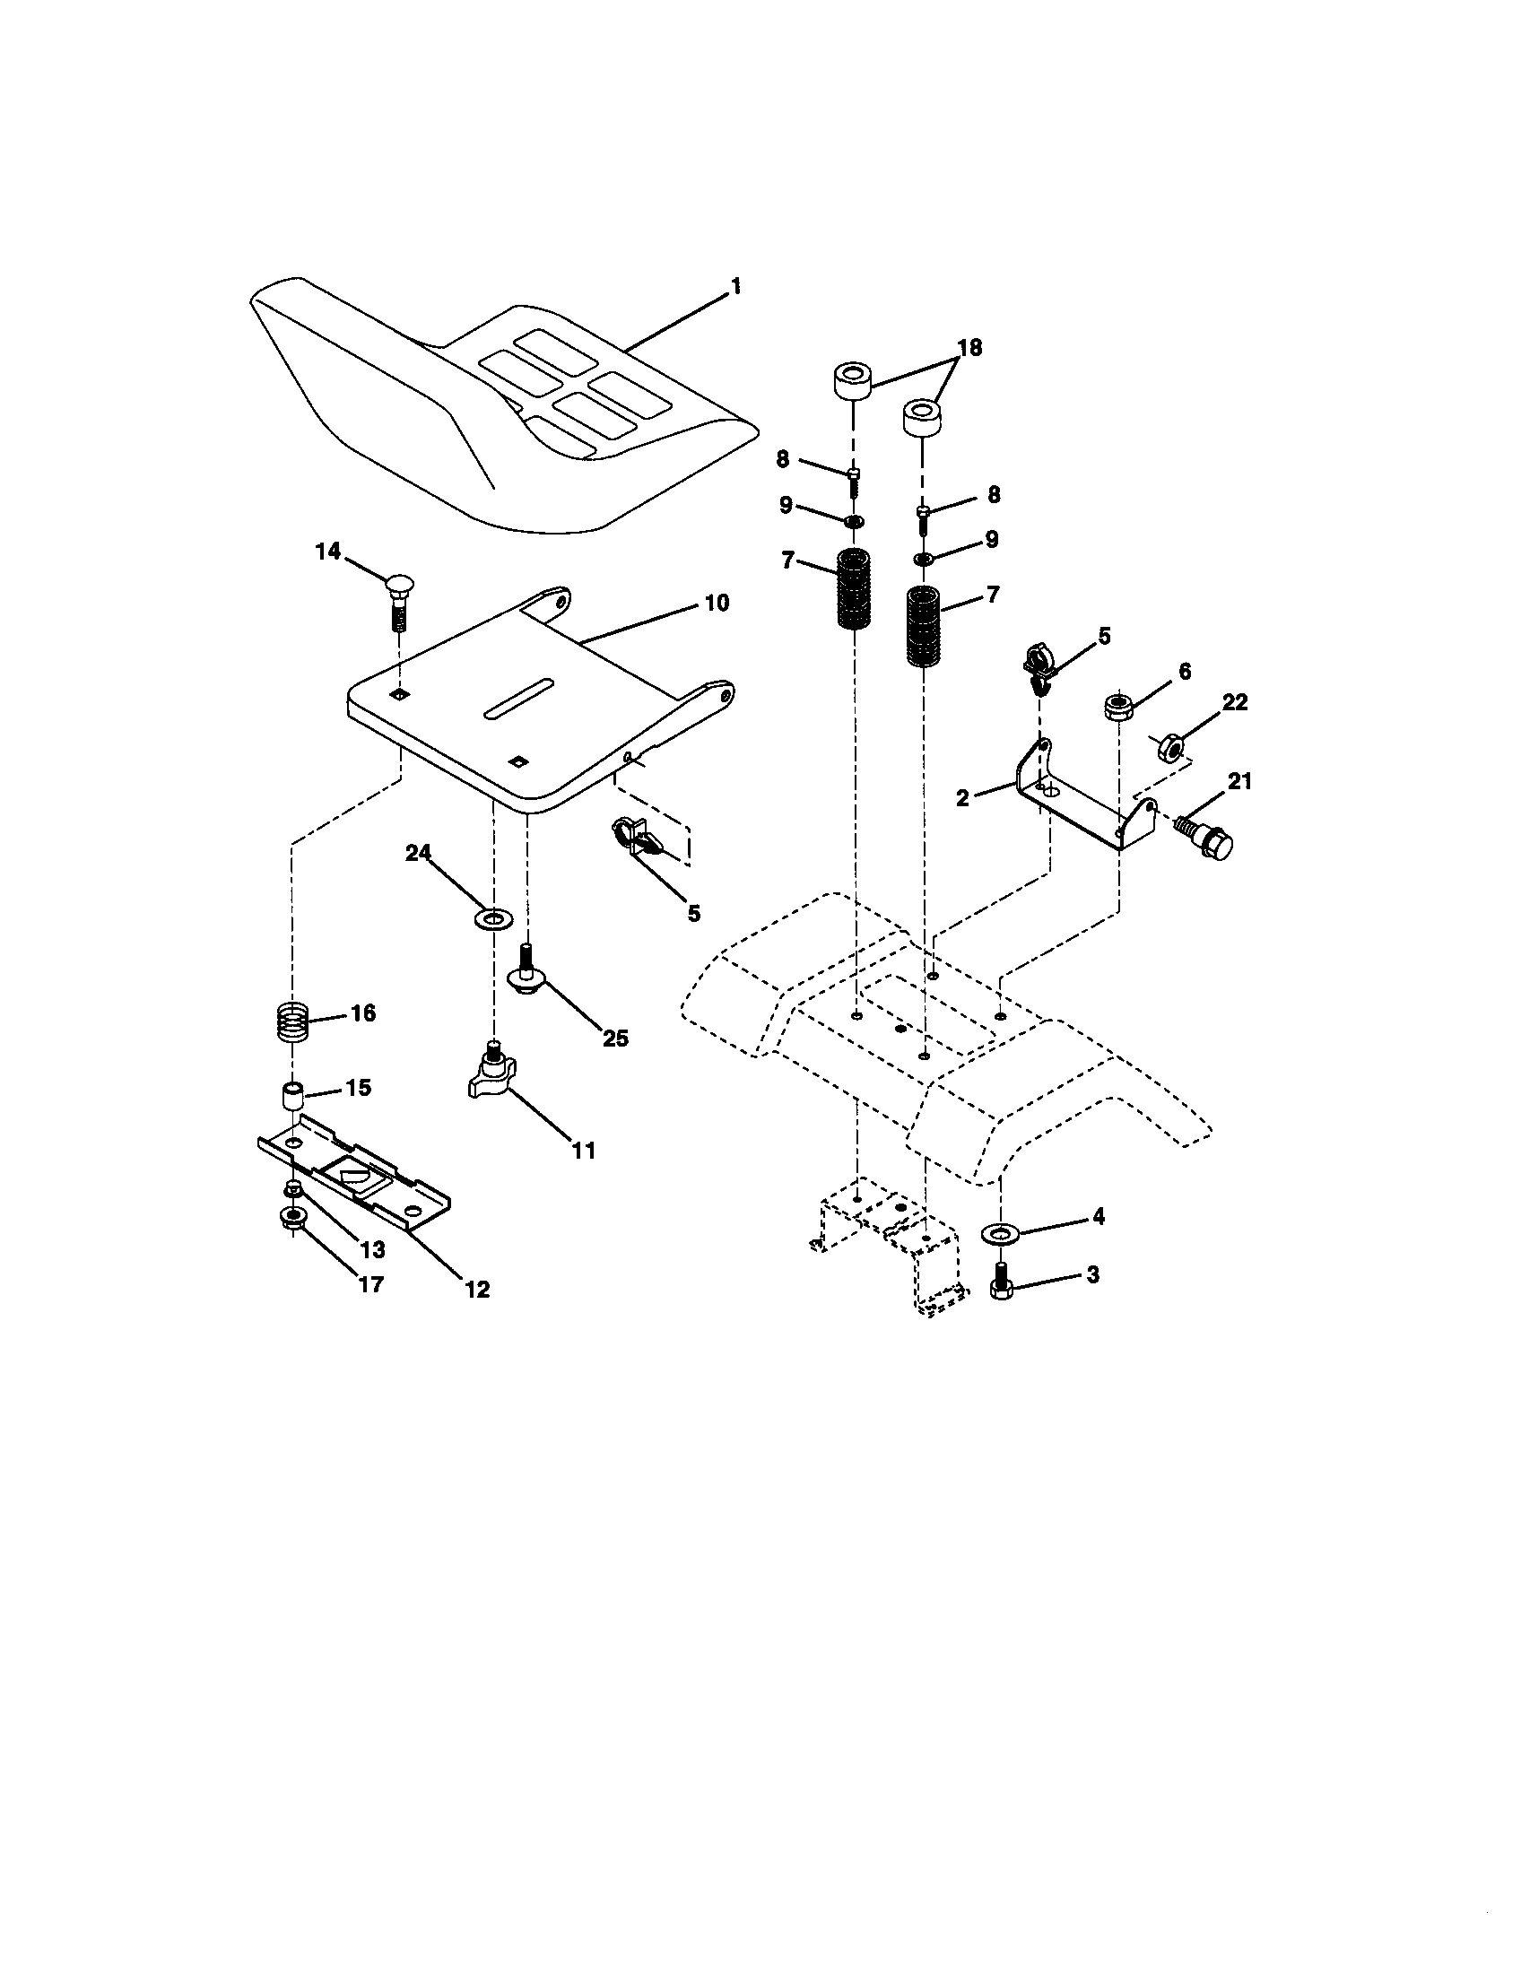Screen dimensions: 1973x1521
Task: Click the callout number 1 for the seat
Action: [735, 287]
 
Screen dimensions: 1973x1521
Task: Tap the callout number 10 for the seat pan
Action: [716, 603]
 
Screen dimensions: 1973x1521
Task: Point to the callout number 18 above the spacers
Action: [969, 348]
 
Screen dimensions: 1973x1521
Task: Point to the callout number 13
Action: [372, 1249]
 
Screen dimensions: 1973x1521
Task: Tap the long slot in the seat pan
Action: [518, 698]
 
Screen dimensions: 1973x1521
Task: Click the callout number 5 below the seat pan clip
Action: [692, 913]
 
